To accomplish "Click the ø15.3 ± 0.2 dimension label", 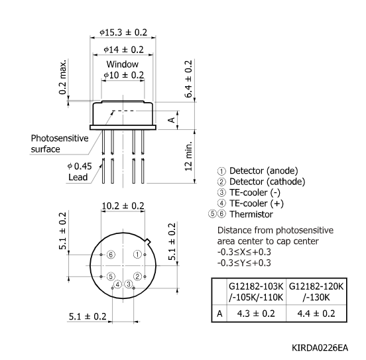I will (123, 31).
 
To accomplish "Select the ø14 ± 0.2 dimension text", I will (123, 50).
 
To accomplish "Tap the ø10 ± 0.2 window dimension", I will (123, 76).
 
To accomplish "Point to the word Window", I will (123, 64).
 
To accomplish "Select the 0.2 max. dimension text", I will (63, 77).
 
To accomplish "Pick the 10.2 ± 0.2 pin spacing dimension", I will (123, 206).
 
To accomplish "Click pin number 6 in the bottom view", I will (111, 255).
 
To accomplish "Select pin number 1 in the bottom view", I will (137, 254).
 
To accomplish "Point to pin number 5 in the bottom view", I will (111, 276).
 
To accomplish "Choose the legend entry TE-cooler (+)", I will (255, 204).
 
